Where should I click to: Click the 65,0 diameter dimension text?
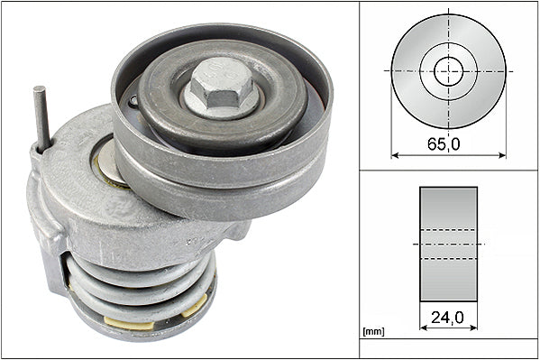pos(448,141)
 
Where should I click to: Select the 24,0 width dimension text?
pos(448,318)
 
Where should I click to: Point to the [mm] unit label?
pos(372,332)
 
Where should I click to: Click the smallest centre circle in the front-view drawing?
pos(448,70)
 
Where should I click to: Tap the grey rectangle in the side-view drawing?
pos(448,244)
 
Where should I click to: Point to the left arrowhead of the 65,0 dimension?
pos(394,154)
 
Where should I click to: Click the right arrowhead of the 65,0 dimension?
pos(502,154)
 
